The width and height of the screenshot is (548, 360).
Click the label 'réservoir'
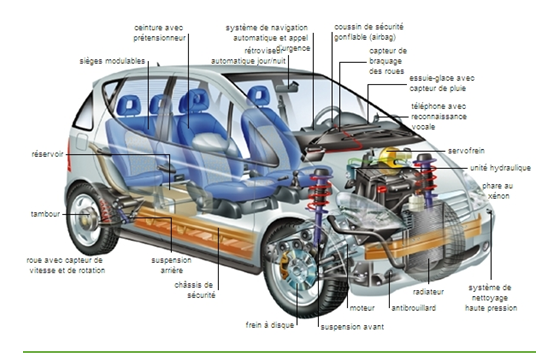coord(47,154)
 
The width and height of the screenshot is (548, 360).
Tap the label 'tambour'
coord(45,214)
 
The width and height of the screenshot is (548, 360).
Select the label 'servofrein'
coord(466,151)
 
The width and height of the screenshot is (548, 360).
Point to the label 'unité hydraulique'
coord(500,168)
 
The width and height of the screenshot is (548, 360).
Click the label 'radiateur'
coord(428,291)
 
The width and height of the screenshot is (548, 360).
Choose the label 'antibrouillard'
coord(413,308)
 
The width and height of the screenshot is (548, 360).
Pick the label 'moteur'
coord(362,308)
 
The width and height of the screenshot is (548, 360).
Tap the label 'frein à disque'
coord(269,325)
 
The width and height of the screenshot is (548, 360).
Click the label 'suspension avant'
coord(352,327)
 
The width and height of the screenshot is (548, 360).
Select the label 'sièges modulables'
coord(112,61)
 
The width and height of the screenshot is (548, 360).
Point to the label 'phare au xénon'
coord(497,191)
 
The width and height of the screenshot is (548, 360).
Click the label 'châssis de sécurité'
coord(195,290)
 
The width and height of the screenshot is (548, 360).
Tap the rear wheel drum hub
coord(87,215)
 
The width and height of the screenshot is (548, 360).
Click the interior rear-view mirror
coord(286,87)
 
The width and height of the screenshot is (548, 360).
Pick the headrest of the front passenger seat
coord(258,95)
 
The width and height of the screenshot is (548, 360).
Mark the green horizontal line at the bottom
coord(279,352)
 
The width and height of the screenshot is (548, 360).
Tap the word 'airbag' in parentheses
coord(382,37)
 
